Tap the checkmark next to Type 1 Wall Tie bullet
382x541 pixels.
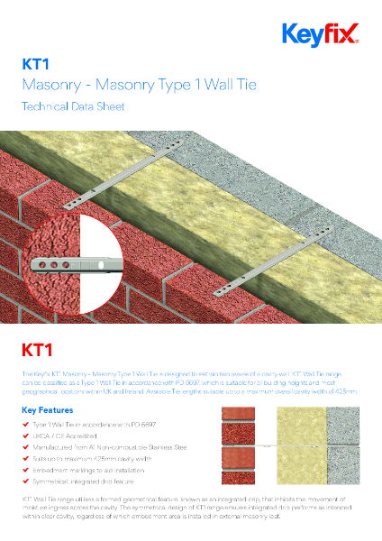point(24,423)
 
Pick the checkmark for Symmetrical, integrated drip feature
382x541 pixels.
point(24,482)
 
